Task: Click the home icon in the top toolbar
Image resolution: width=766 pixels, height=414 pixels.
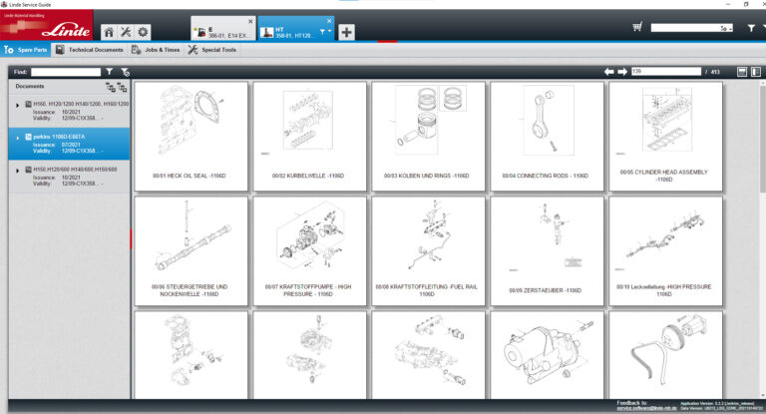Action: click(x=109, y=32)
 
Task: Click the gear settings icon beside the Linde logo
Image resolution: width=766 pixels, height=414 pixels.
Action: click(x=143, y=32)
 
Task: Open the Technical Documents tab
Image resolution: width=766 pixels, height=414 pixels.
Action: click(x=89, y=49)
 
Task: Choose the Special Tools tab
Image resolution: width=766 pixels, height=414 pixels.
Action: click(x=211, y=49)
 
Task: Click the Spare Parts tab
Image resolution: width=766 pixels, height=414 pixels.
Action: click(x=27, y=49)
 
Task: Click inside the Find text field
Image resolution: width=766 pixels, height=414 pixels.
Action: click(x=66, y=72)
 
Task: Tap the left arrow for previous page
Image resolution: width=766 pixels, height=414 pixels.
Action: click(x=609, y=72)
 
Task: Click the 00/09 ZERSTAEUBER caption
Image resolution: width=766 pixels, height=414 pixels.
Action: click(x=547, y=290)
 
